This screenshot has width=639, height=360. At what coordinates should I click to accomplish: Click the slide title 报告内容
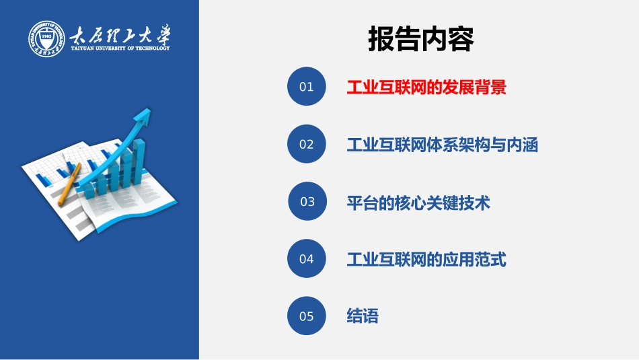pyautogui.click(x=421, y=39)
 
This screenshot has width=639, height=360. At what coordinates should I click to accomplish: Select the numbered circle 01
pyautogui.click(x=307, y=87)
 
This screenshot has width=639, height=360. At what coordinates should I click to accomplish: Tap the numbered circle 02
pyautogui.click(x=307, y=144)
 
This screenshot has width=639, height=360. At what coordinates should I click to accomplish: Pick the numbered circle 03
pyautogui.click(x=307, y=201)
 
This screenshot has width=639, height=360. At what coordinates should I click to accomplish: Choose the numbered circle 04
pyautogui.click(x=307, y=258)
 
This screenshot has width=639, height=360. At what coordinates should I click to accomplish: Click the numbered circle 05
pyautogui.click(x=307, y=316)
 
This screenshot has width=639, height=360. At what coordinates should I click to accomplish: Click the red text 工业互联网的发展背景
pyautogui.click(x=426, y=87)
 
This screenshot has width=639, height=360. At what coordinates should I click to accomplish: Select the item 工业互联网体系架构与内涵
pyautogui.click(x=443, y=145)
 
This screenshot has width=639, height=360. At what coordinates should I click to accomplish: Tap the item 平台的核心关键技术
pyautogui.click(x=418, y=202)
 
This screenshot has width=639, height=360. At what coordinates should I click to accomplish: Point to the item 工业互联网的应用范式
pyautogui.click(x=426, y=259)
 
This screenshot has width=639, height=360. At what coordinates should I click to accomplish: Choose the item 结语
pyautogui.click(x=363, y=316)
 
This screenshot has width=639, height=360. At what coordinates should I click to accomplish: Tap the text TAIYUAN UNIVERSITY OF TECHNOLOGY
pyautogui.click(x=120, y=48)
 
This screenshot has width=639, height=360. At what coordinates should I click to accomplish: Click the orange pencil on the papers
pyautogui.click(x=70, y=183)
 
